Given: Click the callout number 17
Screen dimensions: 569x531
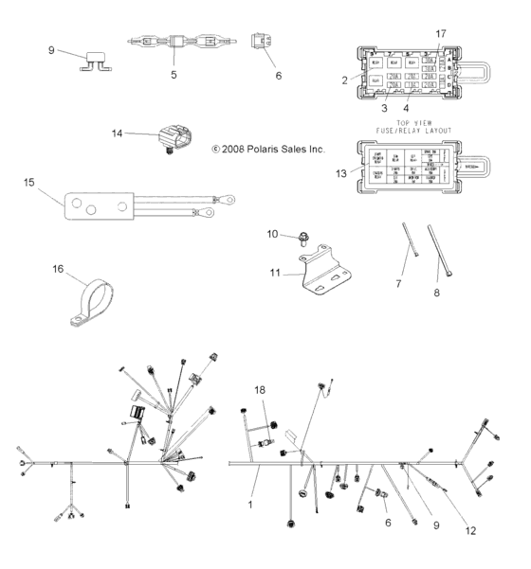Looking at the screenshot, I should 439,34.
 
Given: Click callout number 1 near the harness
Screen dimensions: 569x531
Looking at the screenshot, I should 250,505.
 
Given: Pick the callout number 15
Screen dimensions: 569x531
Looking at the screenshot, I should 29,181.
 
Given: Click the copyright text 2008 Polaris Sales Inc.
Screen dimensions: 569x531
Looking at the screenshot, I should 267,149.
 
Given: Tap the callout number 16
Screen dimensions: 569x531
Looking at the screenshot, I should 58,269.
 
